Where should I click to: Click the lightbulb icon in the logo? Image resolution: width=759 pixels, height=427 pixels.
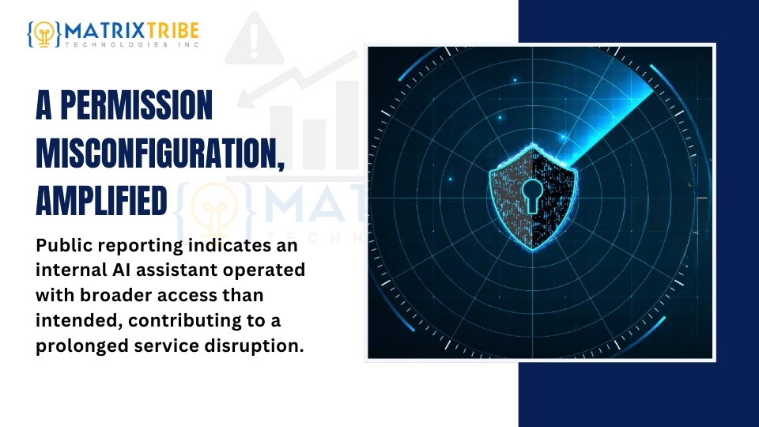coord(44,34)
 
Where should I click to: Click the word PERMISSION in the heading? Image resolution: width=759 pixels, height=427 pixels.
coord(137,104)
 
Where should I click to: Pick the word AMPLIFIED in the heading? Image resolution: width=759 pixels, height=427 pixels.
coord(101,200)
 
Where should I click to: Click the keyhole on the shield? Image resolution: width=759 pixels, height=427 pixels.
coord(532,195)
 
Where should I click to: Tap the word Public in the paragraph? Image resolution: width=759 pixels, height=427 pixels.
coord(64,245)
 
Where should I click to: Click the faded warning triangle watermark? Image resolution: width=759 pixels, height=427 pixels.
coord(254,40)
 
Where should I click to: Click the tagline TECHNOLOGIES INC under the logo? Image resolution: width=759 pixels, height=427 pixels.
coord(132,44)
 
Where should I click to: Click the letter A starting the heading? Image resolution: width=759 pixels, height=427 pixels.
coord(43,104)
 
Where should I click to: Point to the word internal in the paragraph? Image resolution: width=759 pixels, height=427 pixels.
coord(70,270)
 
